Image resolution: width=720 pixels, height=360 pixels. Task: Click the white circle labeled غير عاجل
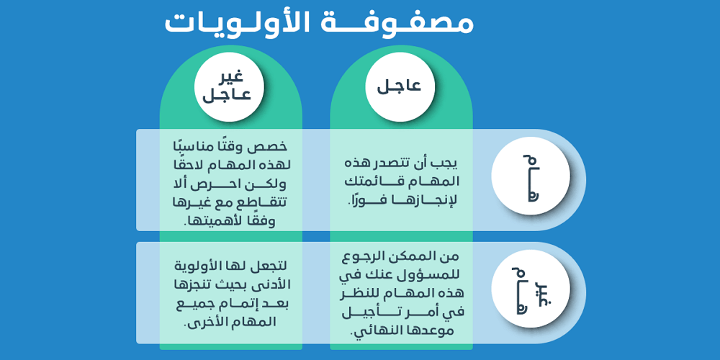pyautogui.click(x=229, y=86)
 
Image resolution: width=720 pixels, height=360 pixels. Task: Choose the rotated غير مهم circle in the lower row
pyautogui.click(x=531, y=289)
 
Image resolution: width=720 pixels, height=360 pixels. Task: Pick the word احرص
pyautogui.click(x=229, y=186)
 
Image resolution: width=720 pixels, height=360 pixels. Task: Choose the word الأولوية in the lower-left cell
pyautogui.click(x=194, y=266)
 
